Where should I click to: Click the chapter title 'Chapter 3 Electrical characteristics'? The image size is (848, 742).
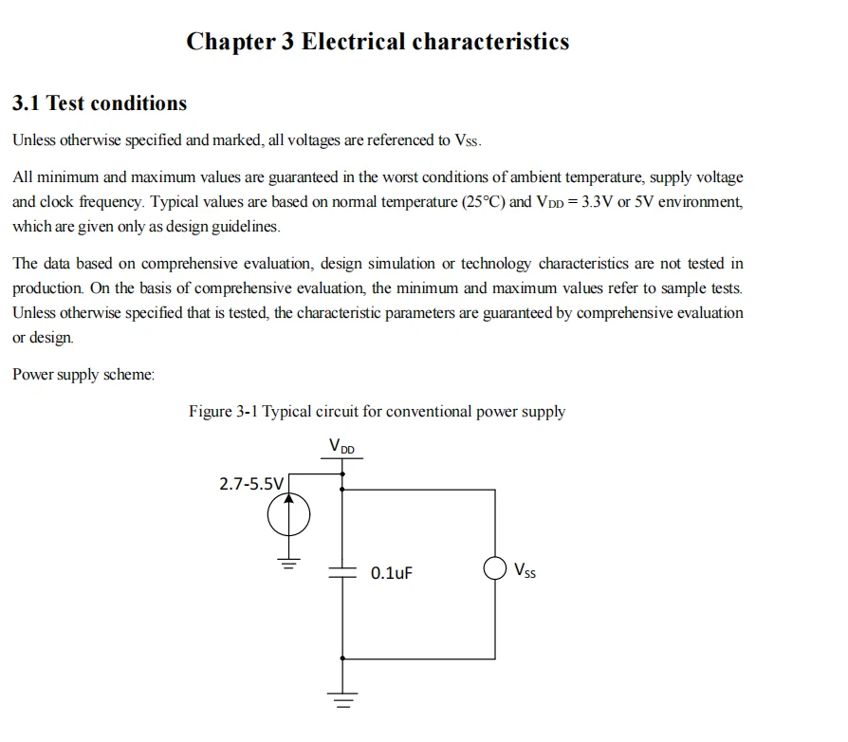pos(378,42)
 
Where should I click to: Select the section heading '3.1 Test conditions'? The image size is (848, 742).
pos(100,103)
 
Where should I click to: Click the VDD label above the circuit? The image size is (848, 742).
pos(342,446)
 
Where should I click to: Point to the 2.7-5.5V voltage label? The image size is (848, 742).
pos(250,484)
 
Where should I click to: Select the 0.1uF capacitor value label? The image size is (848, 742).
pos(392,573)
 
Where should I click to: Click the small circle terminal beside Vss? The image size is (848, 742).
pos(494,568)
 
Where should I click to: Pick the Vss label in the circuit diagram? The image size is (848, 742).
pos(525,570)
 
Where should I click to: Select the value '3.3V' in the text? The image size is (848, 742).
pos(597,202)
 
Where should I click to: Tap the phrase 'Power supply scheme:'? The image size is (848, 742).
pos(83,375)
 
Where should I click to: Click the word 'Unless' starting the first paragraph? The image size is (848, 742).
pos(34,140)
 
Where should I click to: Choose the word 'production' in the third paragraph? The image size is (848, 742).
pos(46,288)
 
